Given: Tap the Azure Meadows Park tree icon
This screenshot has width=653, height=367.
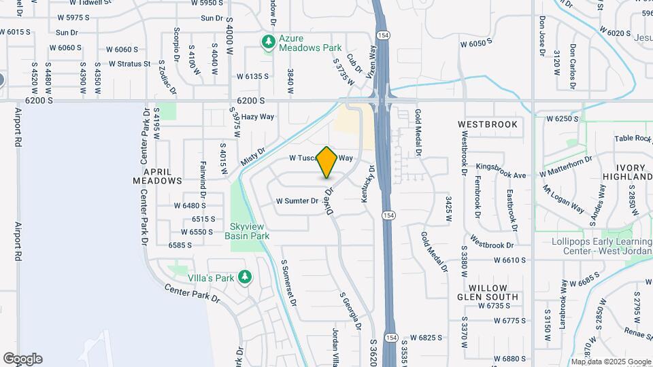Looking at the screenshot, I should click(269, 43).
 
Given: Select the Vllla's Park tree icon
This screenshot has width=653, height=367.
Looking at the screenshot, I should click(245, 277).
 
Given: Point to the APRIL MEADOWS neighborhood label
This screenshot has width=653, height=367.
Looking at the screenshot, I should click(158, 176).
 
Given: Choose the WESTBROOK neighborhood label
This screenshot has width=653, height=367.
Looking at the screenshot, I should click(488, 124).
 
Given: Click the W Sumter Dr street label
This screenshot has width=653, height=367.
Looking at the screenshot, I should click(297, 201).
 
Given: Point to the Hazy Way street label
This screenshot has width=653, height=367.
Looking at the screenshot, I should click(258, 117).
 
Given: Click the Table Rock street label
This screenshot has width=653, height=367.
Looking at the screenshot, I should click(633, 138).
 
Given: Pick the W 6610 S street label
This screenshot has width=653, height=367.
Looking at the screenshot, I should click(510, 260).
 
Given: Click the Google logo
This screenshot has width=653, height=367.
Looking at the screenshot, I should click(22, 358).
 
